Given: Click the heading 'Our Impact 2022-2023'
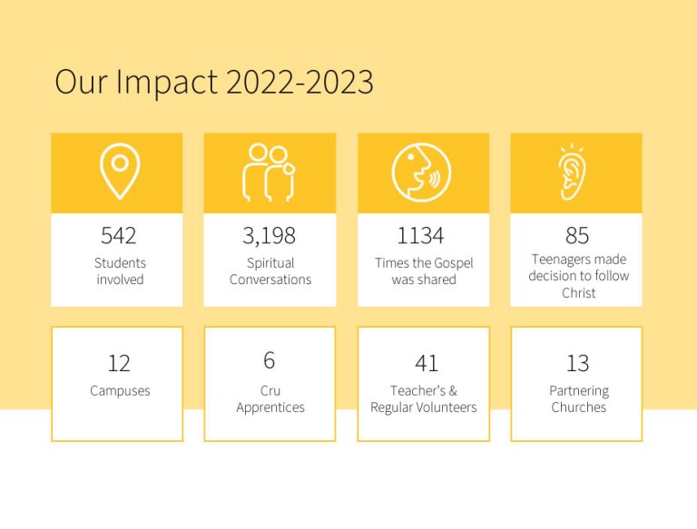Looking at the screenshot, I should tap(214, 83).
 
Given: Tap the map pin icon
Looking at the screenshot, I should tap(119, 172).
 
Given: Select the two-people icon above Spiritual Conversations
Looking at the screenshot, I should tap(269, 171).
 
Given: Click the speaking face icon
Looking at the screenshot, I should tap(421, 172).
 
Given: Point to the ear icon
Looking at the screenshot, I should tap(572, 172).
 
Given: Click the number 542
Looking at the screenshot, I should tap(119, 236).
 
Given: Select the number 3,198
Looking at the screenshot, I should tap(269, 236).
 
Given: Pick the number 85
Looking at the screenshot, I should tap(577, 236).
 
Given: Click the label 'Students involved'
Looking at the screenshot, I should tap(120, 271).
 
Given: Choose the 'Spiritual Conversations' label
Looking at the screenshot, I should tap(270, 271).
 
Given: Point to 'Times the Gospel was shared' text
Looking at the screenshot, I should tap(424, 271).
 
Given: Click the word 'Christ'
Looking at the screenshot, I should tap(578, 293).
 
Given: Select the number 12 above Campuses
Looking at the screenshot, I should tap(119, 364).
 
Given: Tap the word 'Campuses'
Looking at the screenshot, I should tap(120, 391).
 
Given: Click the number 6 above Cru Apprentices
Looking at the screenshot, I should tap(270, 361).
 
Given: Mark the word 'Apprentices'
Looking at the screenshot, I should tap(270, 407).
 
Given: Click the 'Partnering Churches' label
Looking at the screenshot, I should tap(578, 399).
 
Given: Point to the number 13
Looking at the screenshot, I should tap(577, 364).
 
